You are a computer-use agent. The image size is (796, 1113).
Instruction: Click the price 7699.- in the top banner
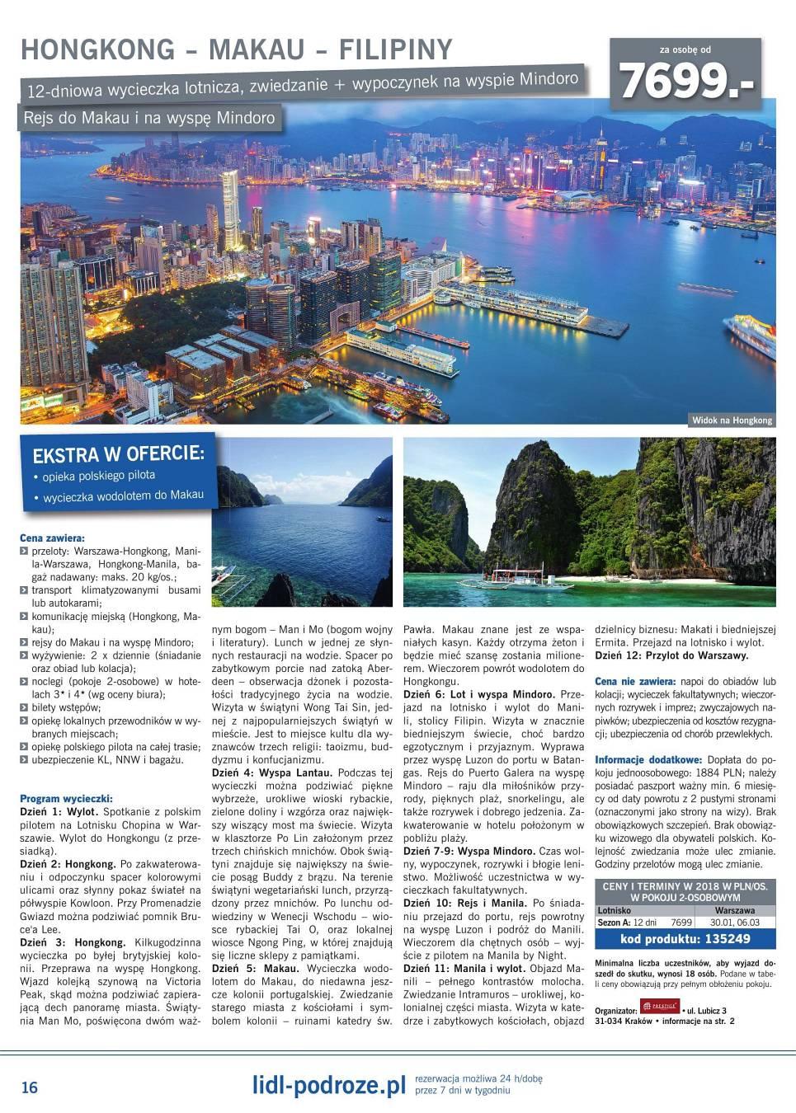point(685,81)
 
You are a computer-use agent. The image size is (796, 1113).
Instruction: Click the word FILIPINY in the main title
point(388,49)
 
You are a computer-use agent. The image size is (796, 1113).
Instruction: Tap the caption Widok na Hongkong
point(732,420)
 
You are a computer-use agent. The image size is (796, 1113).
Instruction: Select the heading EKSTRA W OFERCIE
point(118,454)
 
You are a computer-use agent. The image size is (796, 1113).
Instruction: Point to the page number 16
point(29,1087)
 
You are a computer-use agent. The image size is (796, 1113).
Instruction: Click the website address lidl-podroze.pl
point(330,1087)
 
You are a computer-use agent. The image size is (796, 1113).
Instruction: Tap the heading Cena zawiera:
point(51,537)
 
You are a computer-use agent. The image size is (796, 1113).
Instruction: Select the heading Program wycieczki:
point(66,798)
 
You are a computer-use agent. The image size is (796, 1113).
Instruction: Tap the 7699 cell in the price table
point(681,923)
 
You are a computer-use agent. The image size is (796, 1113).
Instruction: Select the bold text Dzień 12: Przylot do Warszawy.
point(671,656)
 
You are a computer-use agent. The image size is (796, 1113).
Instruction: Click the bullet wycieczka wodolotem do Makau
point(120,497)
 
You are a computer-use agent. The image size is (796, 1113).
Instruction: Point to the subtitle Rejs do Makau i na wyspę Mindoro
point(149,119)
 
